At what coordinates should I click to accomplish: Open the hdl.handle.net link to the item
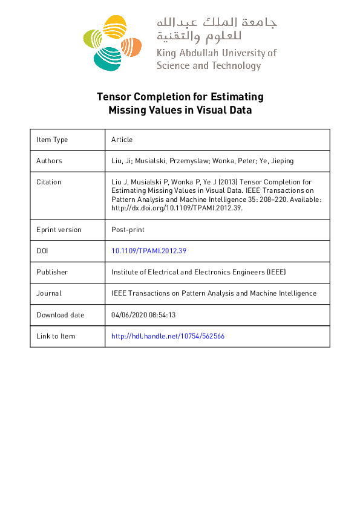(168, 336)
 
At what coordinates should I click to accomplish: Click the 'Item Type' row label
(52, 140)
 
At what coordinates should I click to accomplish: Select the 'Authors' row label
(49, 161)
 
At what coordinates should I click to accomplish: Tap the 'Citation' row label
(49, 182)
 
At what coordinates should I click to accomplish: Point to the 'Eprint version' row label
(59, 230)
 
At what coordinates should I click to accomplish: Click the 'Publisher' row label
(52, 272)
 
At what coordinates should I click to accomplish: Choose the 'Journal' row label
(48, 293)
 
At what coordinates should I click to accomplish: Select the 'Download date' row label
(60, 315)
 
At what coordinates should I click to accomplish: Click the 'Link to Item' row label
(56, 336)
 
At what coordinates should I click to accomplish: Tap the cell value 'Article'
(122, 140)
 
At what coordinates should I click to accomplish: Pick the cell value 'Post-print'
(128, 230)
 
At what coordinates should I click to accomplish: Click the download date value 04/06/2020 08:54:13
(143, 315)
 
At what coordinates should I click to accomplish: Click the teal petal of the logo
(106, 58)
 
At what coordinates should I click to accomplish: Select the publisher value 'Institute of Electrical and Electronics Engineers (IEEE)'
(198, 272)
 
